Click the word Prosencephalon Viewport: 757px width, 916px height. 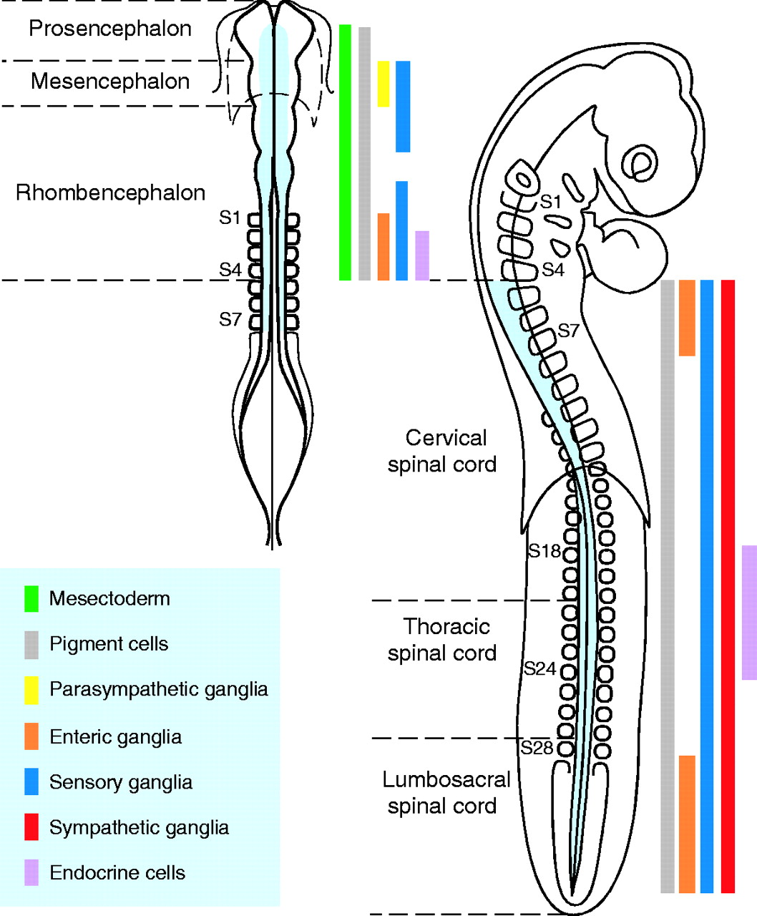[x=110, y=29]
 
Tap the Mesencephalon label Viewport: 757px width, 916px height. [x=110, y=82]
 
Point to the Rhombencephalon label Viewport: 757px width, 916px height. [x=110, y=193]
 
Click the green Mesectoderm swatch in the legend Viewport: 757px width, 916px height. [x=31, y=599]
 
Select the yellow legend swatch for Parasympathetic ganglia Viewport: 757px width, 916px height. [x=31, y=690]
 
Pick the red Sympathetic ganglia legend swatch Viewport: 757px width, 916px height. [x=31, y=827]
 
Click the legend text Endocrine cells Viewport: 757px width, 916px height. [x=117, y=873]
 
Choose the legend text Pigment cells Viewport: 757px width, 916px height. [x=109, y=644]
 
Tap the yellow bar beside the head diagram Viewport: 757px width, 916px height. [x=384, y=84]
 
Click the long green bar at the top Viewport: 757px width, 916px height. [x=345, y=152]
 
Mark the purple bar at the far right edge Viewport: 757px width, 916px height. [x=748, y=613]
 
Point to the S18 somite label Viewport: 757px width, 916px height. [x=544, y=551]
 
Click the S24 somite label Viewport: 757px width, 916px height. [x=539, y=669]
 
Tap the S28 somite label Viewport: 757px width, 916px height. [x=537, y=748]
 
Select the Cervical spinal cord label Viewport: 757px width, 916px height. [x=442, y=451]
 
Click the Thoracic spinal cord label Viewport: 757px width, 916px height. [x=442, y=640]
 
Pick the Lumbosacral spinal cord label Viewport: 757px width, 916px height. [x=445, y=793]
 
